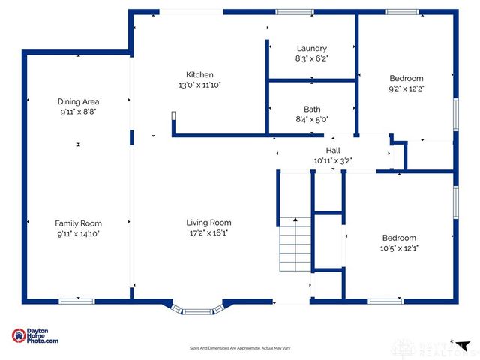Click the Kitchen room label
click(200, 74)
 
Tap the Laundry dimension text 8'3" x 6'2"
click(311, 58)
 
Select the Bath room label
click(312, 109)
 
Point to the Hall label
click(333, 151)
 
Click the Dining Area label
click(79, 101)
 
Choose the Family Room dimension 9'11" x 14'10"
click(78, 234)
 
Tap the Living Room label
click(208, 222)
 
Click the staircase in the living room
click(295, 245)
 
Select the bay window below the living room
click(197, 308)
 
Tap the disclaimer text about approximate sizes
click(239, 348)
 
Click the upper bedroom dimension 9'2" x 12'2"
click(406, 88)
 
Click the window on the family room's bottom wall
click(77, 301)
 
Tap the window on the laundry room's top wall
click(294, 12)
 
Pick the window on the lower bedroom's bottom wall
click(385, 301)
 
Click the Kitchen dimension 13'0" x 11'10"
click(200, 85)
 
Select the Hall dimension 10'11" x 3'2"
click(333, 160)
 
